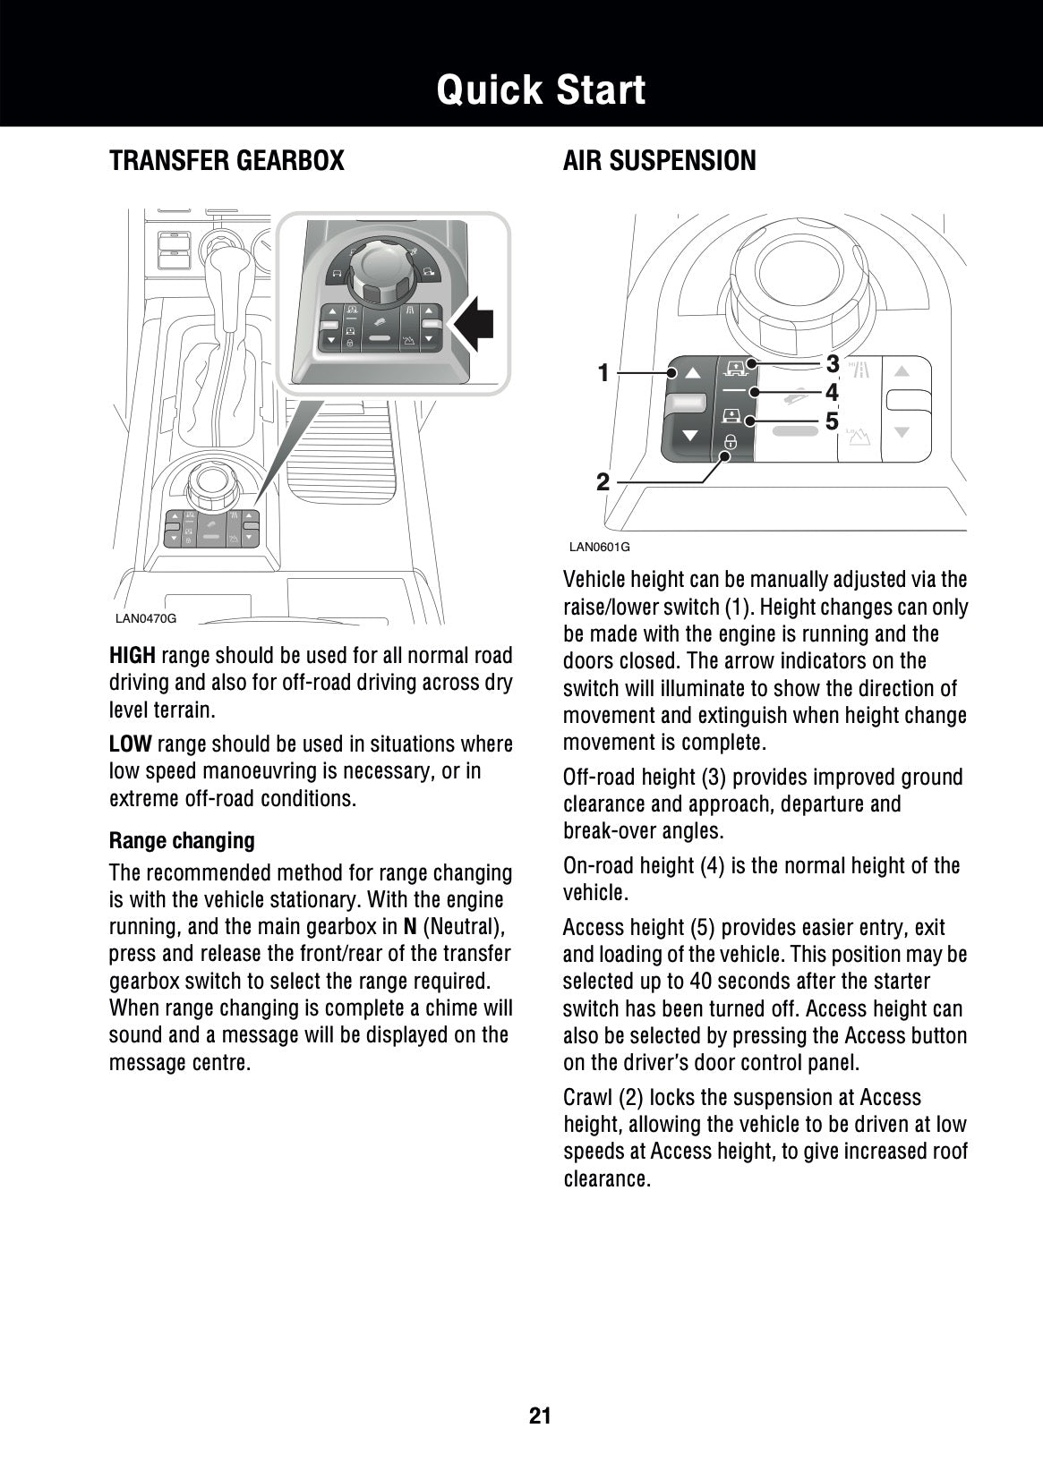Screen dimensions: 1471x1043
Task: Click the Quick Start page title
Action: [x=541, y=90]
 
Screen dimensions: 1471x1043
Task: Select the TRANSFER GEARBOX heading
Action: [x=227, y=161]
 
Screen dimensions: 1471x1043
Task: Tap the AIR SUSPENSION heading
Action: [x=659, y=161]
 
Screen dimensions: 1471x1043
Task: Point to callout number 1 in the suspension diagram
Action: [x=603, y=372]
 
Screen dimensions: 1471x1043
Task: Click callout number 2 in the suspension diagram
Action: [x=603, y=483]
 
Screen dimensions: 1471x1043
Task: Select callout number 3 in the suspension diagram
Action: [x=833, y=364]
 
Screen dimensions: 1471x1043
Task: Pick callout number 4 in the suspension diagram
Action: [x=833, y=392]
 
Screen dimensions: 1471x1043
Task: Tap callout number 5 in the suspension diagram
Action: [x=833, y=421]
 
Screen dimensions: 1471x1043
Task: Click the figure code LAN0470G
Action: [x=146, y=618]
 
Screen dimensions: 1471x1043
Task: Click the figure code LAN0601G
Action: [x=600, y=547]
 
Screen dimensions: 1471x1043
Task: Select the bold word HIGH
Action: [x=132, y=656]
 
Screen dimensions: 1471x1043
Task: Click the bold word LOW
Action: [x=130, y=744]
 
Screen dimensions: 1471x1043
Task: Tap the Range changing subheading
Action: [x=182, y=841]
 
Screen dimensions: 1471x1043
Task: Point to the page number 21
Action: [x=540, y=1415]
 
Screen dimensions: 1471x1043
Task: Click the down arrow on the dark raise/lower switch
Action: [x=689, y=436]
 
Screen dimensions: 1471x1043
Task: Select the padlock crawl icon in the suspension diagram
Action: [x=731, y=442]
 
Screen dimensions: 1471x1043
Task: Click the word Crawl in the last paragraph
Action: [x=587, y=1098]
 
